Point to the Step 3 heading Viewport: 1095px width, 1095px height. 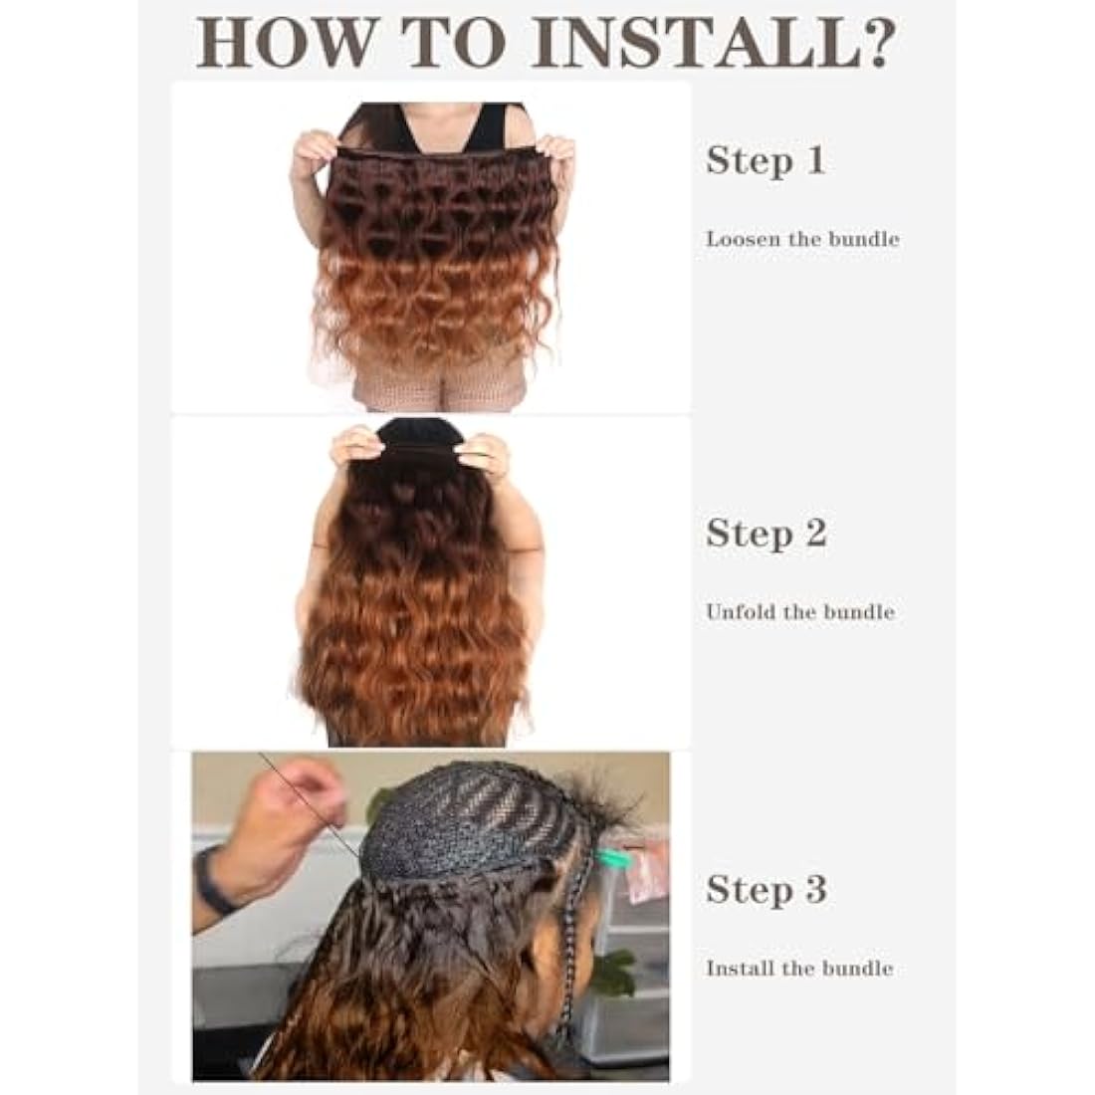tap(766, 889)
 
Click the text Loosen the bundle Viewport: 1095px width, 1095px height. tap(802, 239)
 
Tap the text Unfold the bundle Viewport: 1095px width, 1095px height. tap(800, 611)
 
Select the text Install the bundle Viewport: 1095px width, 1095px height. tap(799, 968)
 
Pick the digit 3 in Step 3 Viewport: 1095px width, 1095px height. tap(815, 889)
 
